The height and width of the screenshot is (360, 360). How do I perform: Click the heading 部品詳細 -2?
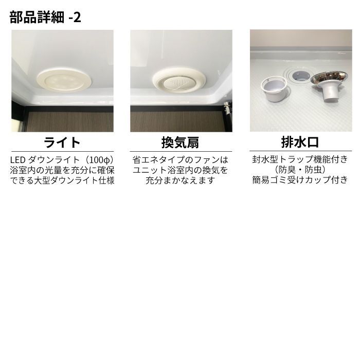(x=45, y=17)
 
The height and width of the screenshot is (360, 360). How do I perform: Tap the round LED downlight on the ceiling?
(x=64, y=80)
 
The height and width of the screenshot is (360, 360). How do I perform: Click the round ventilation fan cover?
(x=179, y=80)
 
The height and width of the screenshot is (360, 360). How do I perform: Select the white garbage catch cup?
(x=274, y=89)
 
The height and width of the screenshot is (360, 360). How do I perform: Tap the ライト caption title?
(x=62, y=142)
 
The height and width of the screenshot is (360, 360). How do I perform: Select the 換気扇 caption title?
(x=181, y=142)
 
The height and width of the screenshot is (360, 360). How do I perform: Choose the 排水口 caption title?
(x=300, y=142)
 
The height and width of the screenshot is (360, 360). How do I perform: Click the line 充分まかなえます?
(x=181, y=181)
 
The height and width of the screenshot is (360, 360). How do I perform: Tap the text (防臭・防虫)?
(x=300, y=170)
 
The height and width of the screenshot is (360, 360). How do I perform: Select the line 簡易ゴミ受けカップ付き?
(x=300, y=180)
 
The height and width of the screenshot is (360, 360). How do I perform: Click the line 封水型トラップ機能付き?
(x=300, y=159)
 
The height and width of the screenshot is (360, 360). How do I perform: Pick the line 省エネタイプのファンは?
(x=181, y=160)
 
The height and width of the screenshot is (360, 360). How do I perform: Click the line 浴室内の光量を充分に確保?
(x=62, y=170)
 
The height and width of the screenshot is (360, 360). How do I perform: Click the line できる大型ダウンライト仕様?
(x=62, y=181)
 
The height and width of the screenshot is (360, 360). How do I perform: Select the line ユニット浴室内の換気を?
(x=181, y=170)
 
